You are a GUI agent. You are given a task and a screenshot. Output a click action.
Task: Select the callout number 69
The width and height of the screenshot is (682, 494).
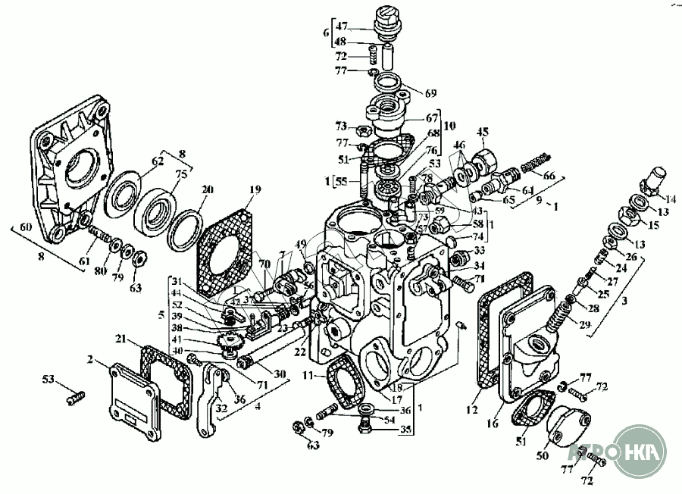pyautogui.click(x=430, y=93)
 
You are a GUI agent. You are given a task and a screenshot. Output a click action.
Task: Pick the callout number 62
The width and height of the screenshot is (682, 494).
pyautogui.click(x=157, y=160)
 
